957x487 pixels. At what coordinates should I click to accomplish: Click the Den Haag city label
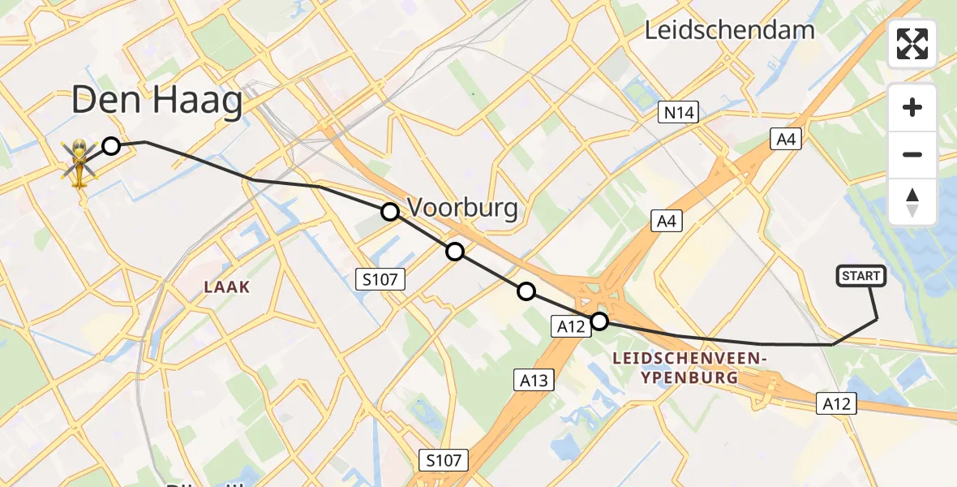(x=157, y=102)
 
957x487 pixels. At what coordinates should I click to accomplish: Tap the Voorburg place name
(x=462, y=209)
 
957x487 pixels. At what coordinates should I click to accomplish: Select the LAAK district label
(x=226, y=287)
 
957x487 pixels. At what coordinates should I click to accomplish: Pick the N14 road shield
(x=678, y=112)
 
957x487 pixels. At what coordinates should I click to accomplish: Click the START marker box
(x=860, y=276)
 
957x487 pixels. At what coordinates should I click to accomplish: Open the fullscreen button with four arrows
(x=912, y=44)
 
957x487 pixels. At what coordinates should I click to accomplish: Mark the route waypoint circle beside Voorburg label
(x=390, y=212)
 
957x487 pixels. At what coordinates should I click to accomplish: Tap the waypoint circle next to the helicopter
(x=111, y=146)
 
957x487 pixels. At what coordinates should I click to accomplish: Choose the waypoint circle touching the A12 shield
(x=599, y=321)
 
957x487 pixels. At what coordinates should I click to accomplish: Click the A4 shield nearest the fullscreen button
(x=786, y=140)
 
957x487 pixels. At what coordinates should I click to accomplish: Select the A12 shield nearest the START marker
(x=837, y=403)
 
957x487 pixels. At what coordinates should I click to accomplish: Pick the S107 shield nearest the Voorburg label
(x=380, y=280)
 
